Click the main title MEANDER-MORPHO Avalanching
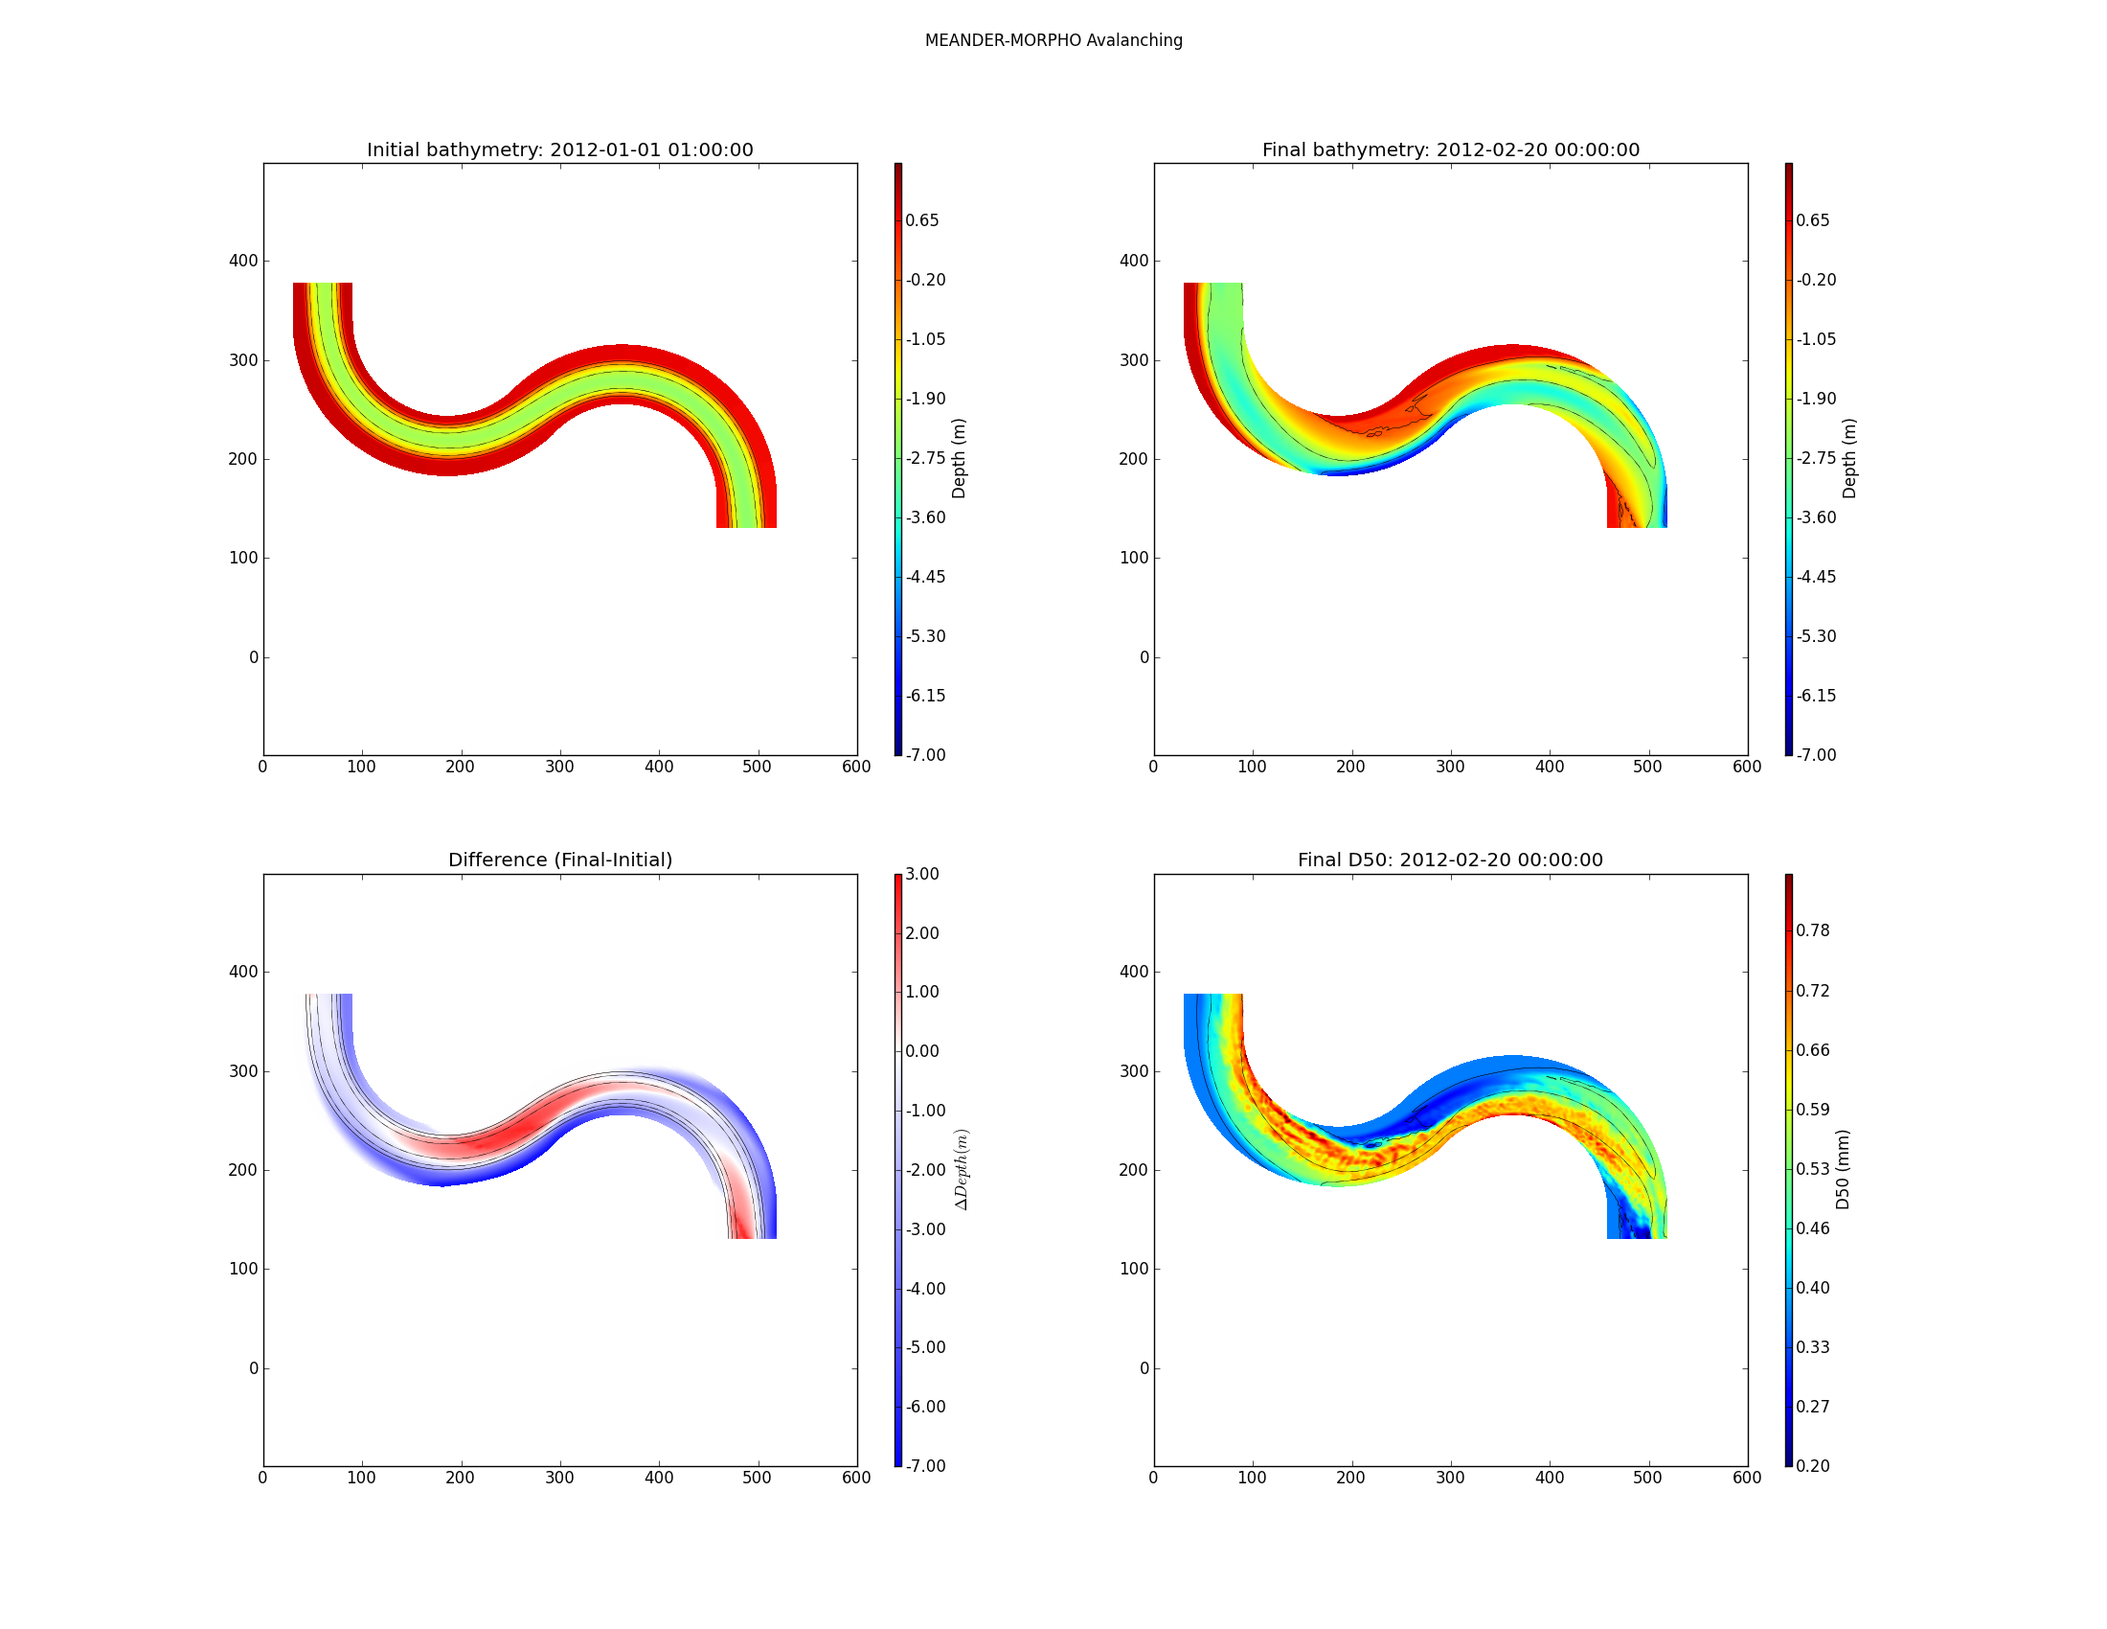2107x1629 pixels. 1053,40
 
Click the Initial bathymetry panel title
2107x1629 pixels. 559,149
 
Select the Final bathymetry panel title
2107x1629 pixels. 1450,149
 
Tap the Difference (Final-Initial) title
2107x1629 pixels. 559,860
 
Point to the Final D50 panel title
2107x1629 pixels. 1450,860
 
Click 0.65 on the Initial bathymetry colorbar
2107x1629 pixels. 921,220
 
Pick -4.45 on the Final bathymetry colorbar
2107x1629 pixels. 1816,577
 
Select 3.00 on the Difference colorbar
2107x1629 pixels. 921,874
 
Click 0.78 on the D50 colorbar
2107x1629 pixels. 1812,930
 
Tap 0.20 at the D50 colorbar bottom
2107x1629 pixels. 1812,1466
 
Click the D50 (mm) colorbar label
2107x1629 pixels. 1843,1170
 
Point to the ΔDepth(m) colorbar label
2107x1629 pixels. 962,1170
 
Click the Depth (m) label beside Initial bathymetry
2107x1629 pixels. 958,458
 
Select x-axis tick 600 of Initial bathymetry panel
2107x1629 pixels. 855,768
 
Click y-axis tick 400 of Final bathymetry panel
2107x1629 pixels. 1134,261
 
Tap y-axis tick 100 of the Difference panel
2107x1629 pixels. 243,1269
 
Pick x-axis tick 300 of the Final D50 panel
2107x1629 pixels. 1450,1478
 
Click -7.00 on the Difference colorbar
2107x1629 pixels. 925,1466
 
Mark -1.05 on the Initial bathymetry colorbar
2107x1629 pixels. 925,338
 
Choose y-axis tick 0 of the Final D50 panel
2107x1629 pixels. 1144,1368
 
